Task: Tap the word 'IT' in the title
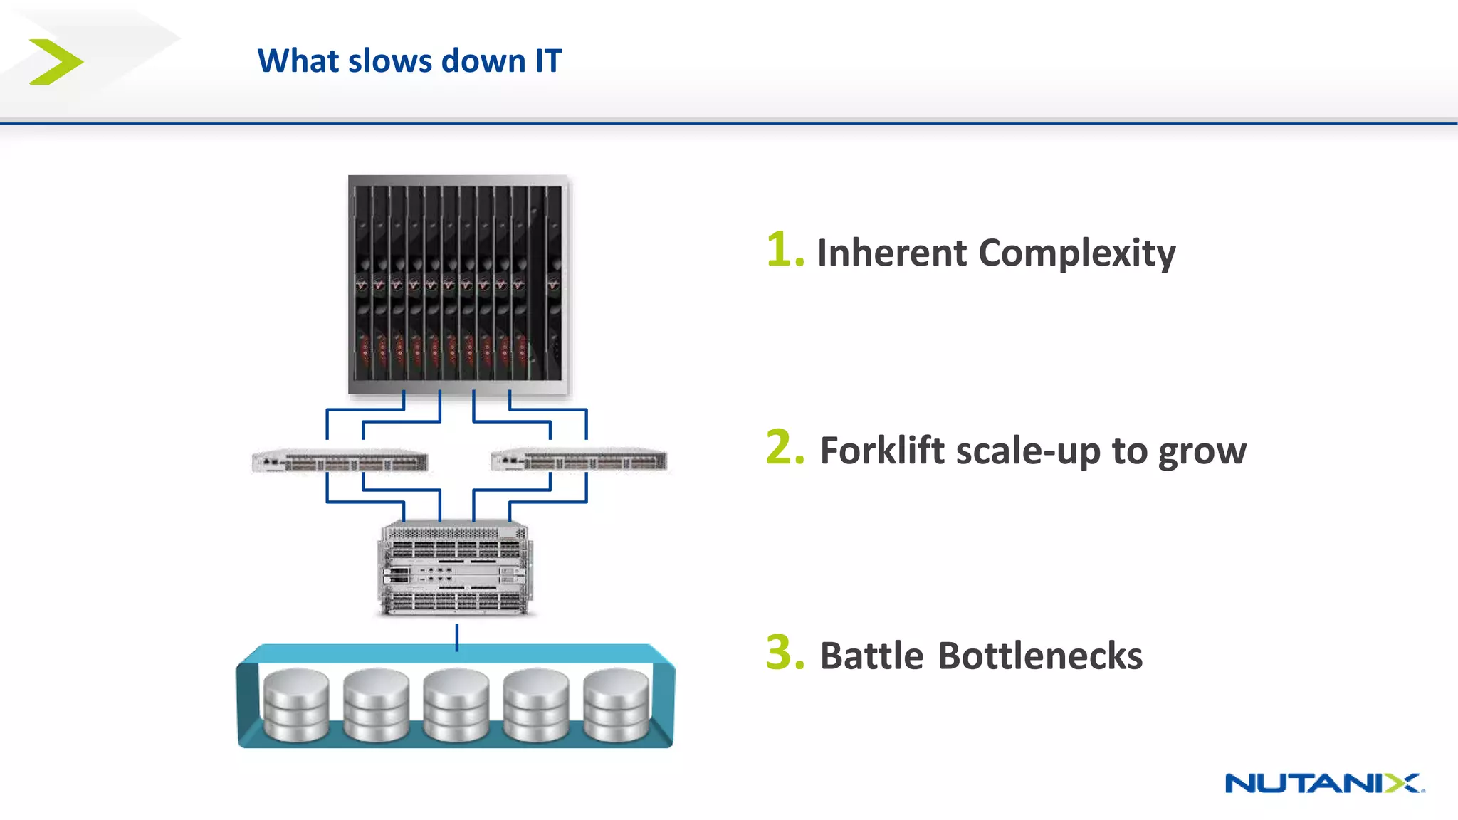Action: pyautogui.click(x=548, y=61)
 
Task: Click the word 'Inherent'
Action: pyautogui.click(x=892, y=253)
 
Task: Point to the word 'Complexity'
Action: pyautogui.click(x=1076, y=254)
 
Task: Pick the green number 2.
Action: pyautogui.click(x=784, y=448)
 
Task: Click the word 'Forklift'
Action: pyautogui.click(x=883, y=451)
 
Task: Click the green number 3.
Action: pyautogui.click(x=784, y=653)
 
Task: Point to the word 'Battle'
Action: pyautogui.click(x=872, y=656)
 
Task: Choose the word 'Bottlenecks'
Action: pyautogui.click(x=1040, y=656)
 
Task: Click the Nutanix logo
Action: pyautogui.click(x=1323, y=783)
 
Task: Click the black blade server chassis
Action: pyautogui.click(x=458, y=285)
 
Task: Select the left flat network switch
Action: pyautogui.click(x=340, y=461)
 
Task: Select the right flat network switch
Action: pyautogui.click(x=579, y=461)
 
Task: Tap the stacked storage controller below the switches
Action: pyautogui.click(x=456, y=568)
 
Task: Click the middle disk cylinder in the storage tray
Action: pyautogui.click(x=456, y=705)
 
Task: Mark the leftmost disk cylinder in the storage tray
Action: pyautogui.click(x=296, y=705)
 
